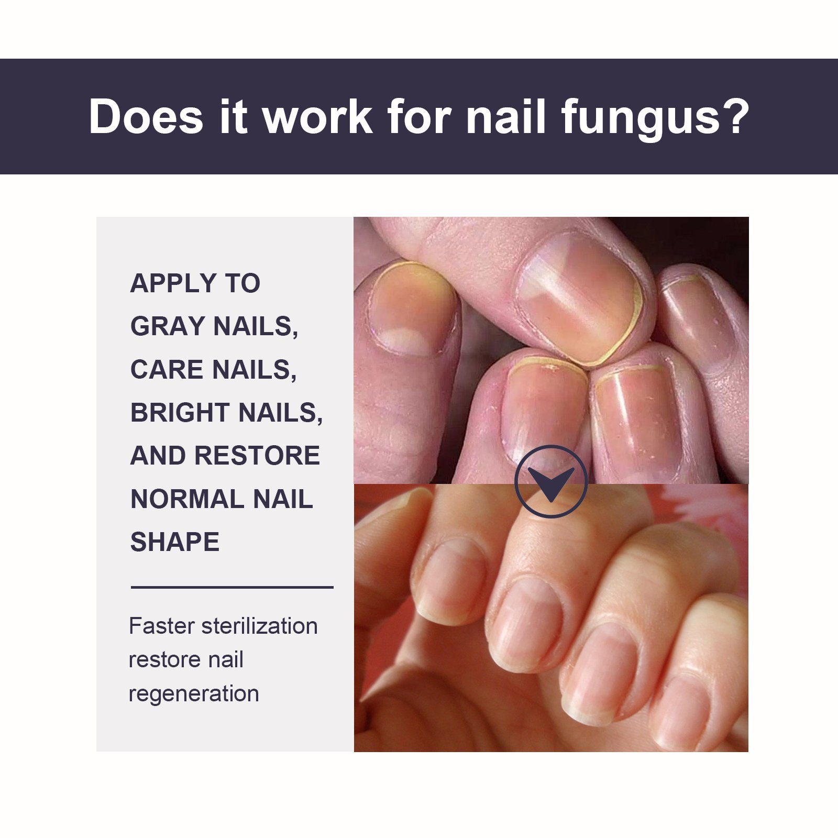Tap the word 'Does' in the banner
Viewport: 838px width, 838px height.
pos(146,116)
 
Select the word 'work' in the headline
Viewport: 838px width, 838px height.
pos(318,116)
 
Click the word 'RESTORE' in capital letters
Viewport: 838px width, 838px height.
pos(257,456)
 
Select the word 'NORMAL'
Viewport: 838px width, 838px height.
pos(187,499)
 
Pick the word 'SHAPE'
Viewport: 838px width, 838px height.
pos(175,542)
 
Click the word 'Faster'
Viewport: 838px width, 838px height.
pos(162,626)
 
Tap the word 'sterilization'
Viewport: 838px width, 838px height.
pos(260,626)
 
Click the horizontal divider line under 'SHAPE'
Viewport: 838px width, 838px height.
pos(232,587)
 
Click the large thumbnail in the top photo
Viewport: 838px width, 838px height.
pos(580,297)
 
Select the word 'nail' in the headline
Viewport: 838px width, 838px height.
pos(506,116)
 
